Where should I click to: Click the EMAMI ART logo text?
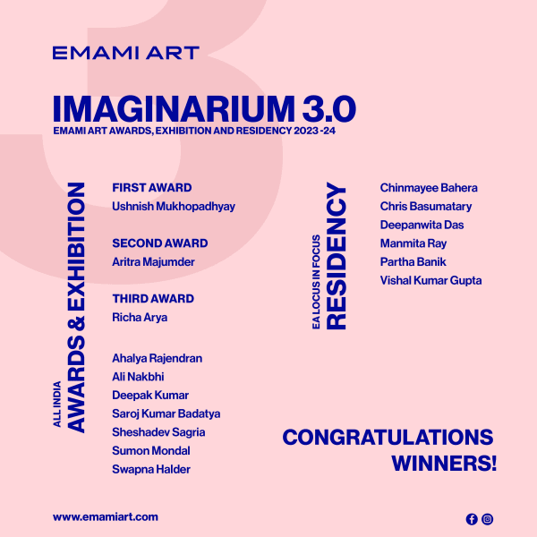click(125, 52)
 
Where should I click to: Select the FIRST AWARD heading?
click(152, 188)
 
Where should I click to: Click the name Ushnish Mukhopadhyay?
click(174, 207)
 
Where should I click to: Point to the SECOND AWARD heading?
click(159, 243)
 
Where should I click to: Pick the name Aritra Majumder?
click(153, 262)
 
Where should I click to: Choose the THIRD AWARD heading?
click(153, 299)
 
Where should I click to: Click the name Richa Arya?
click(140, 318)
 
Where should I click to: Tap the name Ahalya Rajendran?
click(157, 358)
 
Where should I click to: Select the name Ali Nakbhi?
click(138, 377)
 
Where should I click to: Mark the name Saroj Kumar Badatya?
click(166, 413)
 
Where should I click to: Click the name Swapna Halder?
click(151, 469)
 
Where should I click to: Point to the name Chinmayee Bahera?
click(429, 188)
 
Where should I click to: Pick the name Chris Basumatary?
click(426, 207)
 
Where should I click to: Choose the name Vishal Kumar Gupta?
click(430, 281)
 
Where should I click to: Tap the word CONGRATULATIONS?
click(388, 438)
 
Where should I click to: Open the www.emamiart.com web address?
click(106, 517)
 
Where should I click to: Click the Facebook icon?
click(472, 519)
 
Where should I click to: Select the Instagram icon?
click(488, 519)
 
